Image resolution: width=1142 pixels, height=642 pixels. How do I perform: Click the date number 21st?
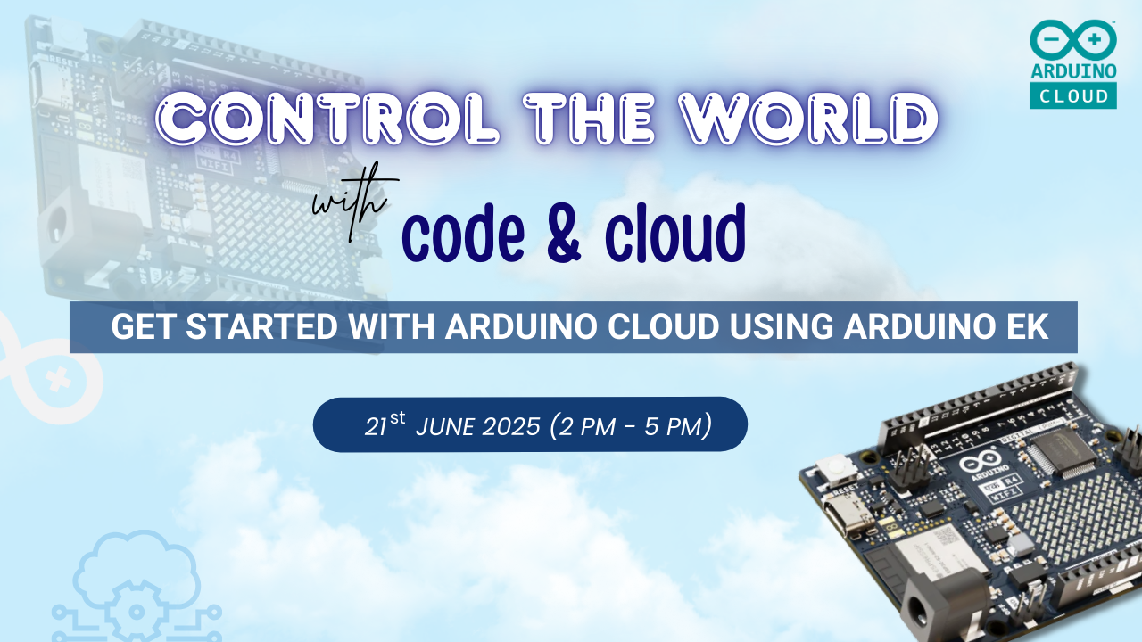click(x=385, y=424)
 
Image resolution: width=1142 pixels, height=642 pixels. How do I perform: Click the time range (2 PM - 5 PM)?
click(x=631, y=425)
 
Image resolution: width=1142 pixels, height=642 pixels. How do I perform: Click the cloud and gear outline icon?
click(x=134, y=584)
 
